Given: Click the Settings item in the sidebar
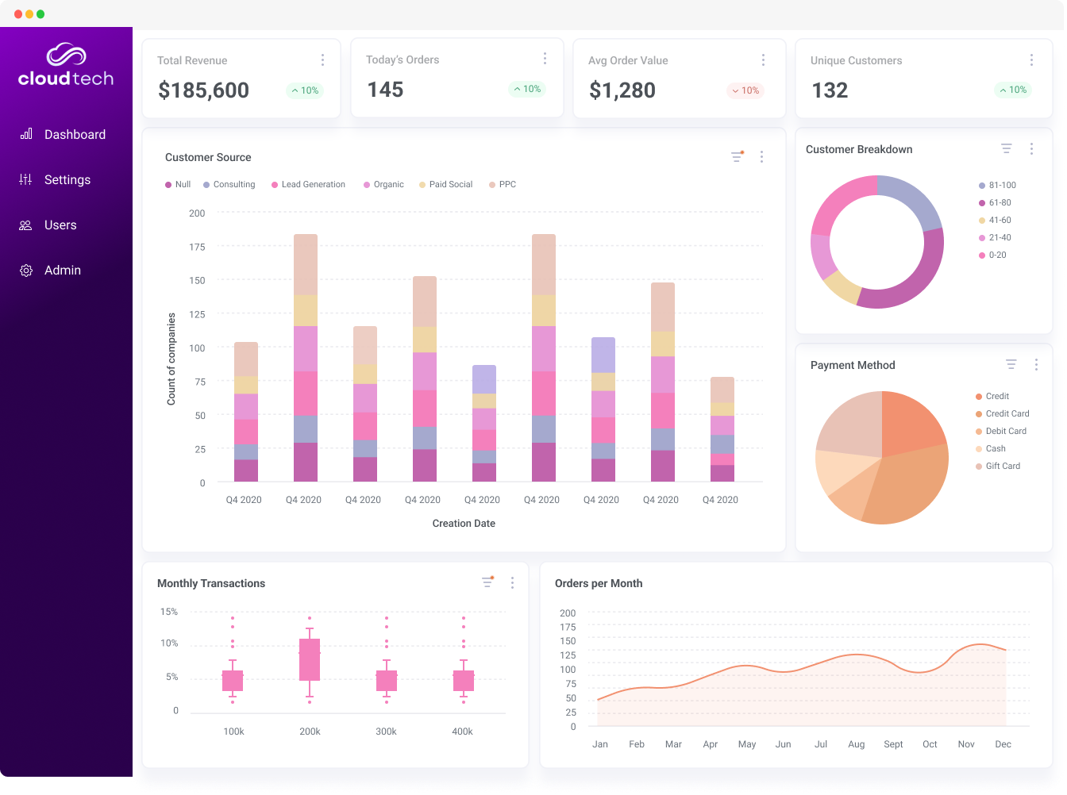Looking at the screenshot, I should pos(67,180).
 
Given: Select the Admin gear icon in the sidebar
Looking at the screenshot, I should pos(26,271).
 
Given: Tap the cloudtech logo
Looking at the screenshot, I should pos(66,66).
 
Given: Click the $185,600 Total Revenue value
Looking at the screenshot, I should pos(203,90).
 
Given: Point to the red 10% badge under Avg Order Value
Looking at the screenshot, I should pos(745,90).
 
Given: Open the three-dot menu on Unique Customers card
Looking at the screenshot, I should pos(1031,60).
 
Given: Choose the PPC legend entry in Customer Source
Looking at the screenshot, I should pos(507,185).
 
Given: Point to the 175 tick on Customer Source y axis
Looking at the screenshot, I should pos(197,247).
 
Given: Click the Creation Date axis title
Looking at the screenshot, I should pos(464,524).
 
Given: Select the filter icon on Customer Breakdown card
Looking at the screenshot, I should pos(1006,148).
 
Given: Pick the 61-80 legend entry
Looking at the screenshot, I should pos(1000,203).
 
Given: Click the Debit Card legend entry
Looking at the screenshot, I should pos(1006,432).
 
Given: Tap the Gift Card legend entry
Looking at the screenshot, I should pos(1003,467).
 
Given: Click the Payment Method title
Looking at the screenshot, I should pos(853,366).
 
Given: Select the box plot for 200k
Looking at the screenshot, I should pos(310,659).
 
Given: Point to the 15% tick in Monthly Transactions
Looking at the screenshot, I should pos(169,612).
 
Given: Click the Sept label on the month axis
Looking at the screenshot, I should pos(893,744).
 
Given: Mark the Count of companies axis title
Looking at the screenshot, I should pos(171,359).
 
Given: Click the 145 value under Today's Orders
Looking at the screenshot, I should pos(385,90).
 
